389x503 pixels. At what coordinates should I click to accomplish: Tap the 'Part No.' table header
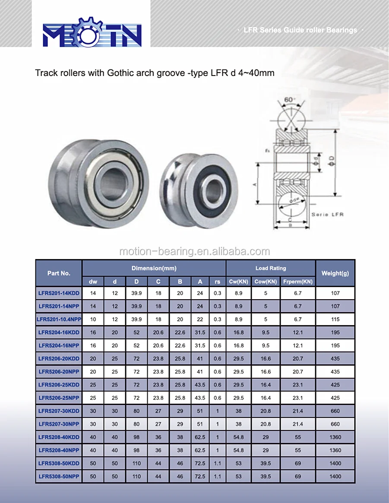point(59,273)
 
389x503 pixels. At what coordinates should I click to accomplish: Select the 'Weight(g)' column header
point(335,273)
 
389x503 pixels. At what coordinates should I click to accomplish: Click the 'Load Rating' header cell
point(270,268)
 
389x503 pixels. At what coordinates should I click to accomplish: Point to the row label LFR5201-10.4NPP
point(59,319)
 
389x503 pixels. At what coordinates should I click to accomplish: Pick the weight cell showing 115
point(335,319)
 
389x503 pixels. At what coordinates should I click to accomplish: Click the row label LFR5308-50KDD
point(59,463)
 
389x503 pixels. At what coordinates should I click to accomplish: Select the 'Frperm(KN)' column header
point(297,282)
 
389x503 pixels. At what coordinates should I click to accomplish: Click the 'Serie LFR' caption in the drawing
point(327,215)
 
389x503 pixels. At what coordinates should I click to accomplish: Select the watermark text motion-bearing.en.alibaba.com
point(194,251)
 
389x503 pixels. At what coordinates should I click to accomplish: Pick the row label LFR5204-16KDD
point(59,332)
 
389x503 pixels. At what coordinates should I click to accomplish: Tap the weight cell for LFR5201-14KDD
point(335,293)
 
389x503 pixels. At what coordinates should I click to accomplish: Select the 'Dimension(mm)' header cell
point(154,268)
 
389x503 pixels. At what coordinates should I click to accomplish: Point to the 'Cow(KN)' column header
point(266,282)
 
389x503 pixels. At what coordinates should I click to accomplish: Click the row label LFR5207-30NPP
point(59,424)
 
